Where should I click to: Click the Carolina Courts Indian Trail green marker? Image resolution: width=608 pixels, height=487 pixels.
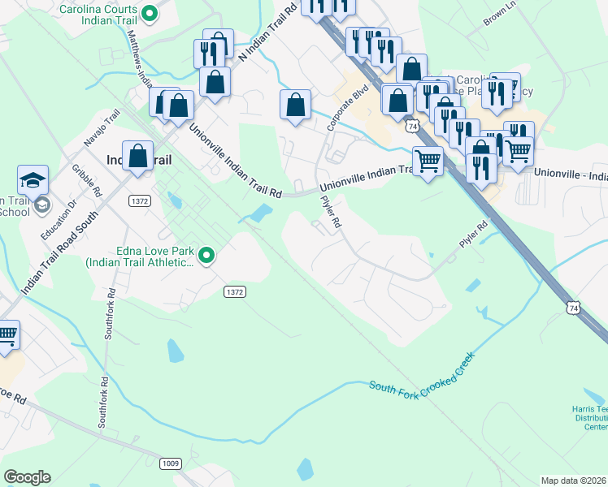[149, 13]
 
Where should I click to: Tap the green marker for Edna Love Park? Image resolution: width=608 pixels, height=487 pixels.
[206, 256]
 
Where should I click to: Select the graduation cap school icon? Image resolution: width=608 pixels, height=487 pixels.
[33, 179]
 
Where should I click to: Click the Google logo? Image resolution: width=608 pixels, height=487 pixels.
[27, 477]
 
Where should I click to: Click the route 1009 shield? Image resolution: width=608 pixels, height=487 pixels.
[170, 463]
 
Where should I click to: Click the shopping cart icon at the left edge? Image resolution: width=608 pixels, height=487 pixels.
[7, 334]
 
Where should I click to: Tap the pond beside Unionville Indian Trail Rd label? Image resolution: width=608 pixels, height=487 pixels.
[260, 213]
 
